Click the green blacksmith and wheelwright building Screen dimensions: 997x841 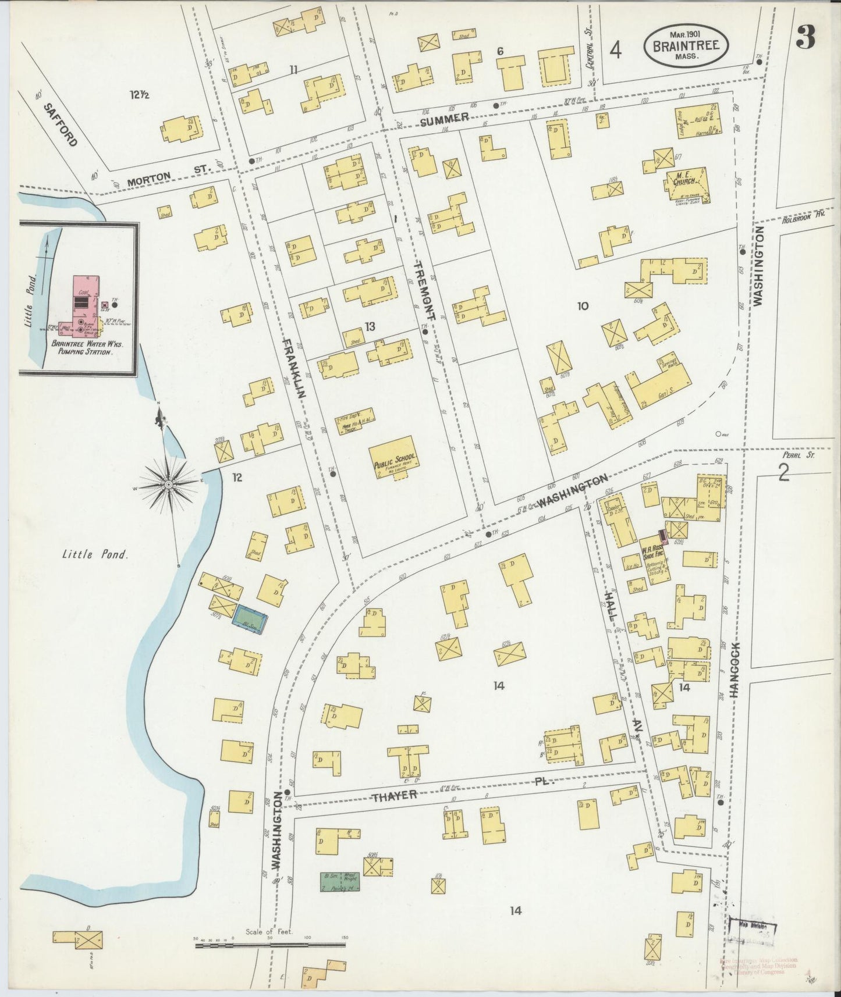click(x=339, y=882)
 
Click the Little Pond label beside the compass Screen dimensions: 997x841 click(x=95, y=554)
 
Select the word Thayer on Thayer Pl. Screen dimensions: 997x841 click(x=395, y=795)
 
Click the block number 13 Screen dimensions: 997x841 click(x=369, y=326)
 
